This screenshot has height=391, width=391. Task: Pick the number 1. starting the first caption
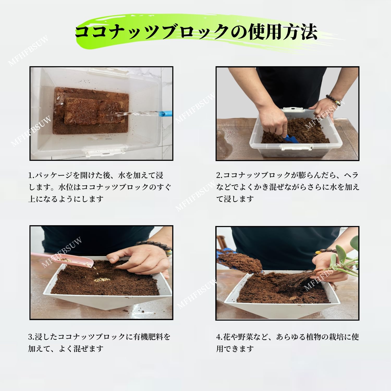point(31,175)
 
